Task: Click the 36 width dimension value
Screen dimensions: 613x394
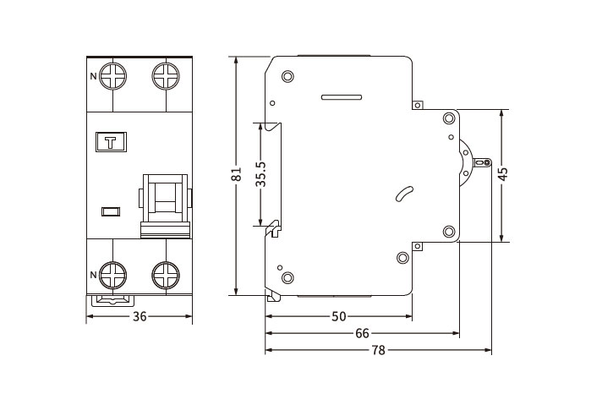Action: point(140,316)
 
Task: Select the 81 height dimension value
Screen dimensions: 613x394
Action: point(236,174)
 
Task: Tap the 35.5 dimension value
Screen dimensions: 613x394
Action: point(260,174)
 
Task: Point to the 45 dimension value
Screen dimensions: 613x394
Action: point(504,174)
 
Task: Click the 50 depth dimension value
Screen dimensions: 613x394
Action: point(338,316)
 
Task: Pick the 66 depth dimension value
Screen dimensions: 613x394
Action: point(362,333)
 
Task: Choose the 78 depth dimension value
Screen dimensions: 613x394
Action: point(378,350)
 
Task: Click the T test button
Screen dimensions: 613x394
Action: point(111,142)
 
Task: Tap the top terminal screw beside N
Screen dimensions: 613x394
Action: point(113,76)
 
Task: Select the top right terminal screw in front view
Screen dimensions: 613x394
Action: point(166,76)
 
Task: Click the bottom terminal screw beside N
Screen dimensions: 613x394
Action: point(113,275)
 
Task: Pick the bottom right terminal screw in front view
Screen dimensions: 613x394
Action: point(166,275)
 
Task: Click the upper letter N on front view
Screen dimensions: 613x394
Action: point(93,76)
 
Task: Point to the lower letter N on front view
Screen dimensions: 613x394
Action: point(93,275)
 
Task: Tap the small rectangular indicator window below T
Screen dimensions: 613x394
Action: point(111,211)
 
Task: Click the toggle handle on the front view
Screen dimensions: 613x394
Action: point(166,206)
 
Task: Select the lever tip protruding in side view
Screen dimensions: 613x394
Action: point(482,162)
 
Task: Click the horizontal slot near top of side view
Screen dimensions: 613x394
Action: point(342,97)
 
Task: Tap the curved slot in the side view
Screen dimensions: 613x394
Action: point(404,194)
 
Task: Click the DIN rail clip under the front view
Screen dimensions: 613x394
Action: point(113,301)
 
